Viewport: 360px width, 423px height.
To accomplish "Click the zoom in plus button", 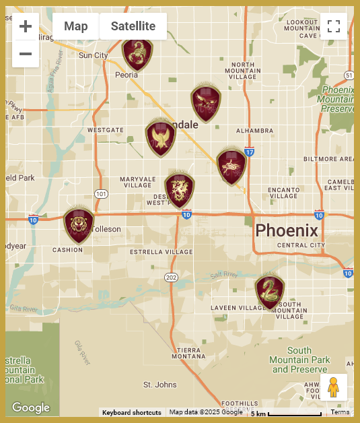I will point(26,27).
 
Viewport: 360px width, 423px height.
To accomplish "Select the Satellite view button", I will point(133,27).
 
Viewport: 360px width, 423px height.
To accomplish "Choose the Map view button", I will point(76,27).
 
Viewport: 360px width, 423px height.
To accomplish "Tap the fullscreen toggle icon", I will point(333,27).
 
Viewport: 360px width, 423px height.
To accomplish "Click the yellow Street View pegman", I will point(333,388).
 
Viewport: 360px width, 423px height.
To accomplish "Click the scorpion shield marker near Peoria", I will point(137,54).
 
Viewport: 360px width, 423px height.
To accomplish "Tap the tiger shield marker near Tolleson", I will point(79,225).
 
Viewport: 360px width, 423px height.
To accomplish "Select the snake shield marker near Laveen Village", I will point(270,292).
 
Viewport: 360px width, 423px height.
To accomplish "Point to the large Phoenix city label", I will point(287,230).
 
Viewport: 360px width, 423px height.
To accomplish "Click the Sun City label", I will point(93,55).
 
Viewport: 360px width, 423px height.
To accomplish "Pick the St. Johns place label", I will point(160,385).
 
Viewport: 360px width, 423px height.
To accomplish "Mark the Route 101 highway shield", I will point(101,194).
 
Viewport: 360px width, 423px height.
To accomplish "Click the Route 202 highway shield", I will point(171,278).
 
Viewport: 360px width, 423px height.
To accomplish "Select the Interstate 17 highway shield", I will point(249,152).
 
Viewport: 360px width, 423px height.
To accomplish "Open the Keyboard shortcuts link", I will point(132,412).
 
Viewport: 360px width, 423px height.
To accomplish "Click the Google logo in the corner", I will point(31,408).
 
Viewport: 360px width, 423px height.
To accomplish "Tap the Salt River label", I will point(223,275).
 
